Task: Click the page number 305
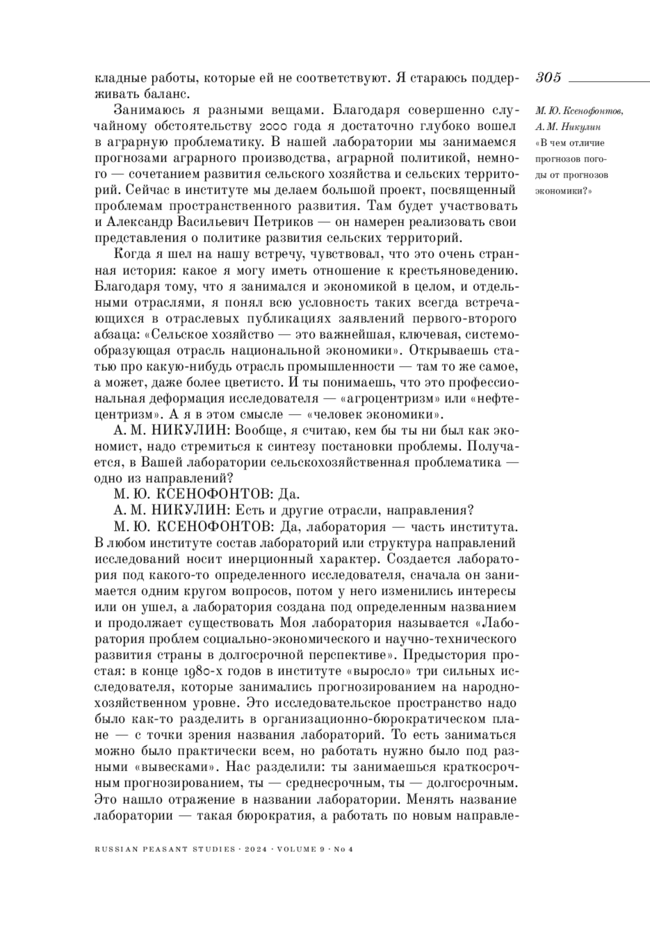548,77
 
